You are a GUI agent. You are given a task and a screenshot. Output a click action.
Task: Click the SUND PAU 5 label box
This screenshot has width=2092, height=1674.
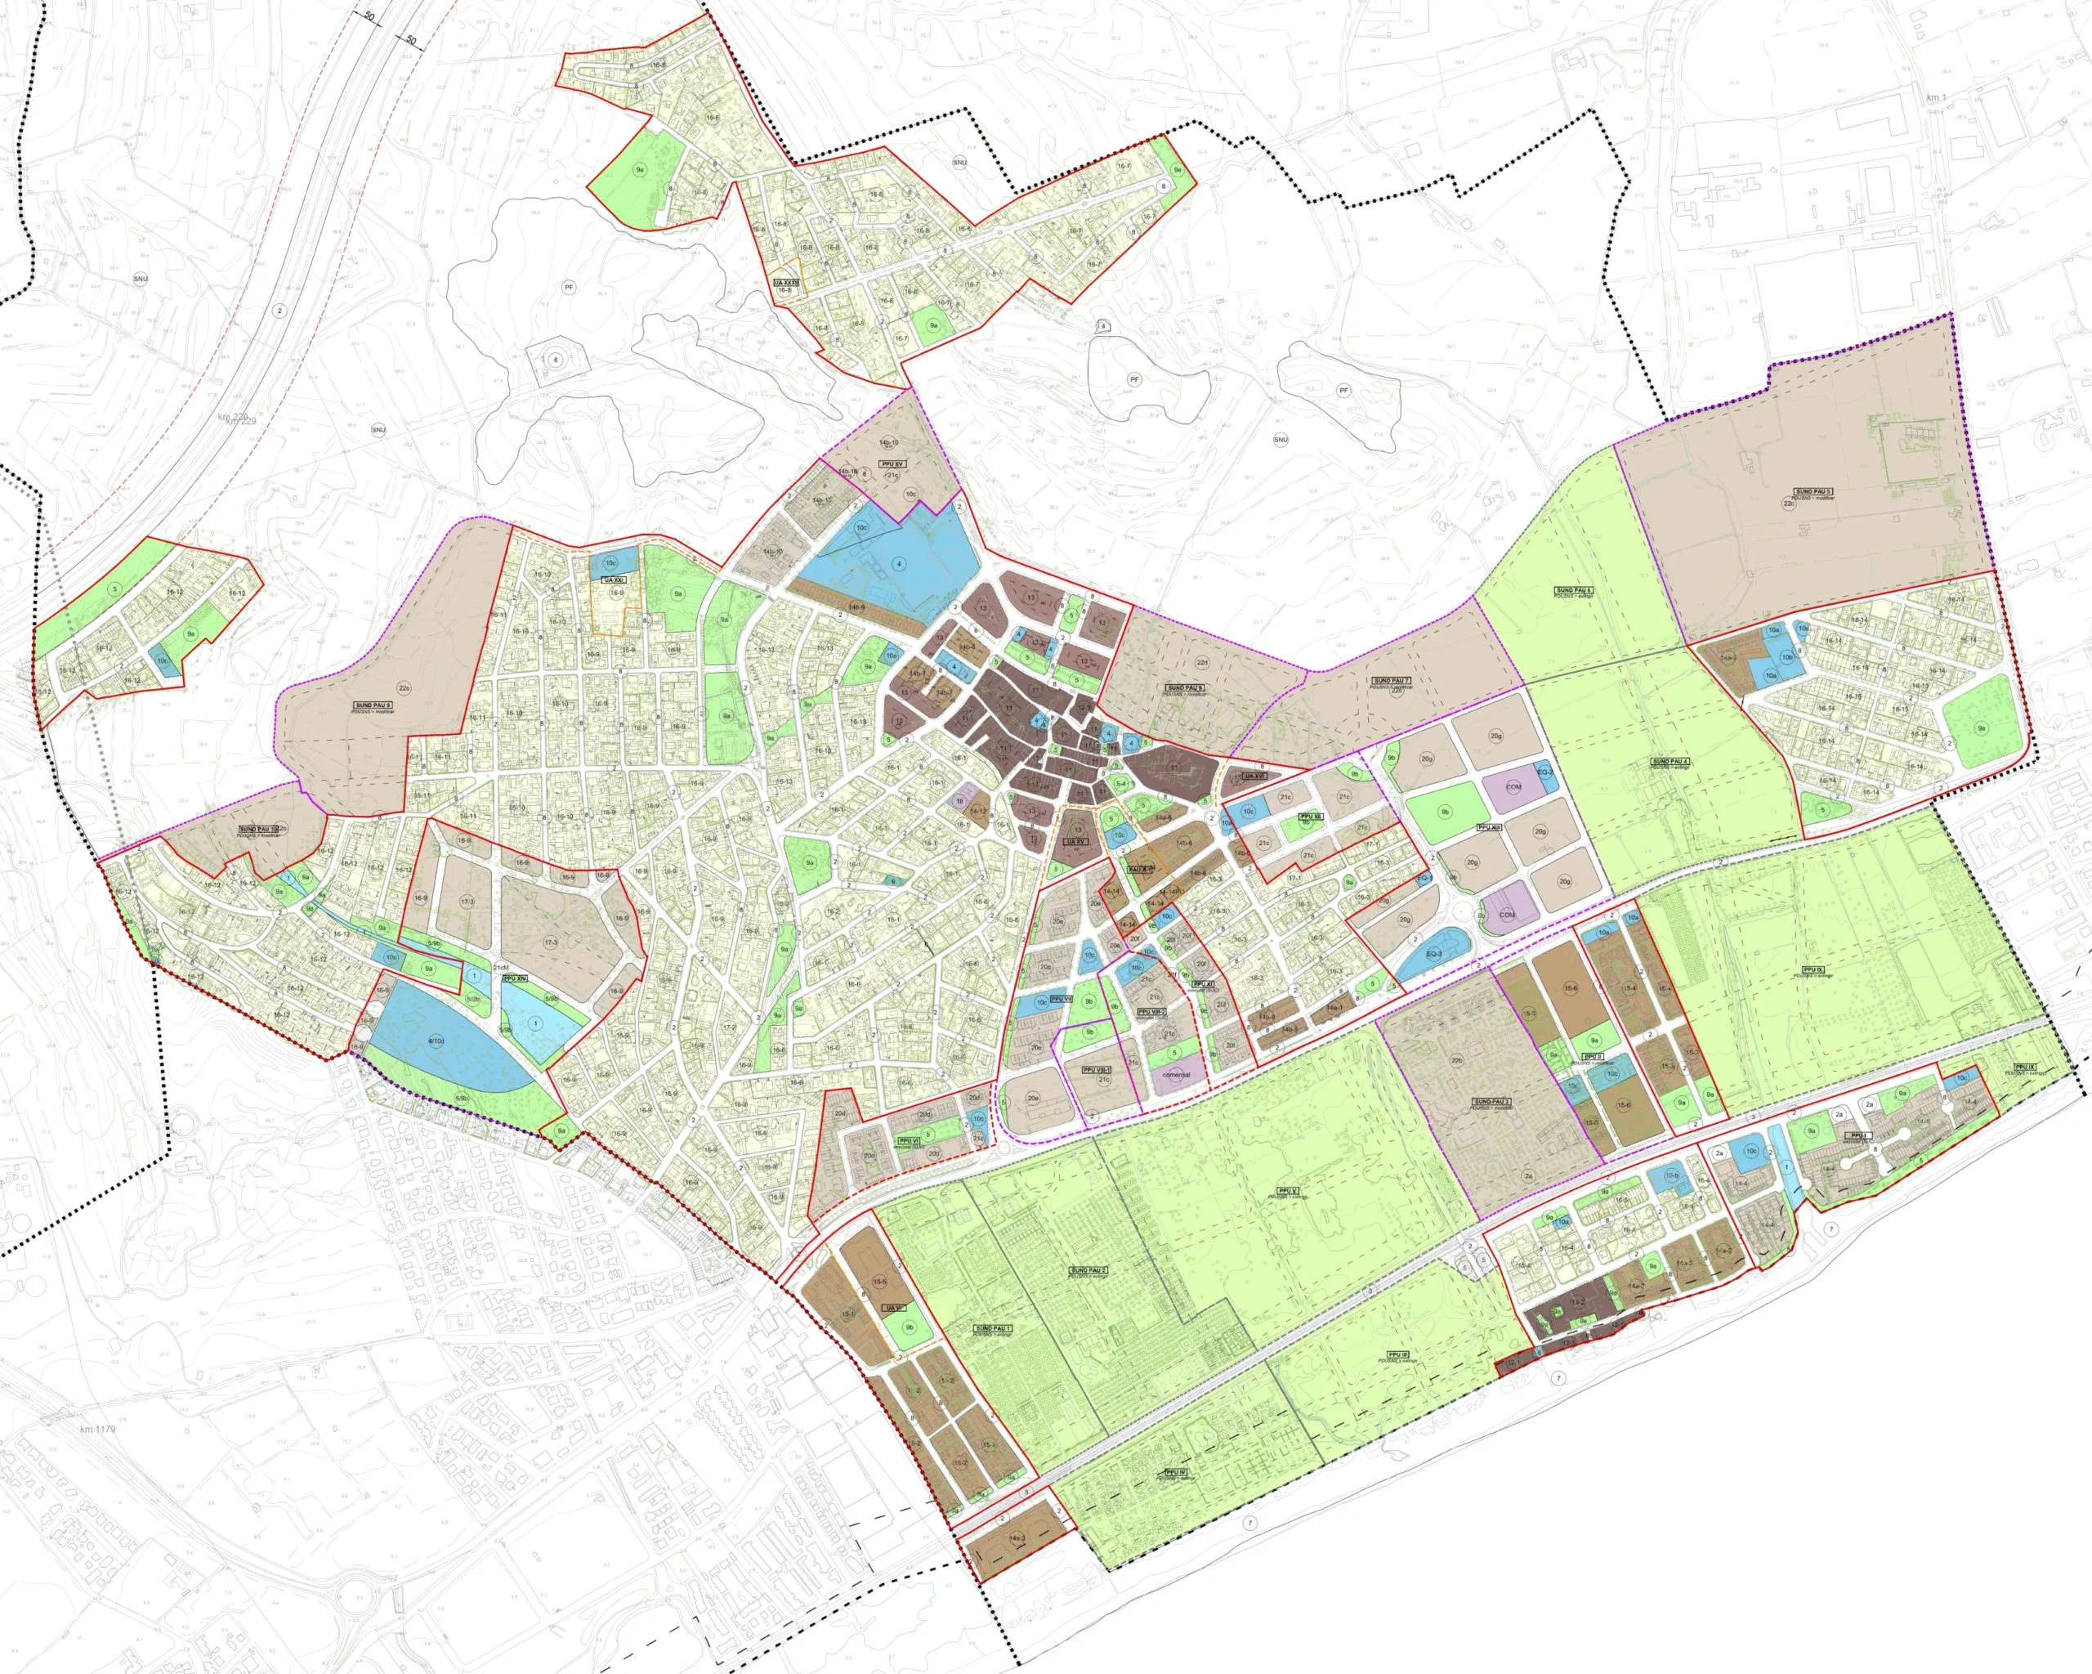[x=1813, y=492]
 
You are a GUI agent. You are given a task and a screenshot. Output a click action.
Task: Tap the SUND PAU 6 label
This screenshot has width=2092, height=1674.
[x=1573, y=590]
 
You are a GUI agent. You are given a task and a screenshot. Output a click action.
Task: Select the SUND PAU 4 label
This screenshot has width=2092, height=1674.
[x=1670, y=762]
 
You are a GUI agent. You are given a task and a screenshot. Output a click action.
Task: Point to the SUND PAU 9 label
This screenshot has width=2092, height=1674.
[x=373, y=705]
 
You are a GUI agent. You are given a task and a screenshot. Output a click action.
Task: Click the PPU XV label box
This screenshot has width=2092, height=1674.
[x=892, y=465]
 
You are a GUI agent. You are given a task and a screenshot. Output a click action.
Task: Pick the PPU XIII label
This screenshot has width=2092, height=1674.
[x=1488, y=828]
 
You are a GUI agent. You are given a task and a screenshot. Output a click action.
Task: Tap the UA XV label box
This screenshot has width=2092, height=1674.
[x=1076, y=841]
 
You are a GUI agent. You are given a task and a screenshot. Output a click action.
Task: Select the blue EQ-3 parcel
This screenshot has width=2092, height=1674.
[x=1434, y=952]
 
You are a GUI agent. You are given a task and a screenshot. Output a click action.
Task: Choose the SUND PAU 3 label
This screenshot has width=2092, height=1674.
[x=1491, y=1103]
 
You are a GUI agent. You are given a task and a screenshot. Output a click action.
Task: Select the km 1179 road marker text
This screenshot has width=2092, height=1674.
[x=97, y=1430]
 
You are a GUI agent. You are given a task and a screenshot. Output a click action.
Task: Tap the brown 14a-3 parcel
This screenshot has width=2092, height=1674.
[x=1016, y=1539]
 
